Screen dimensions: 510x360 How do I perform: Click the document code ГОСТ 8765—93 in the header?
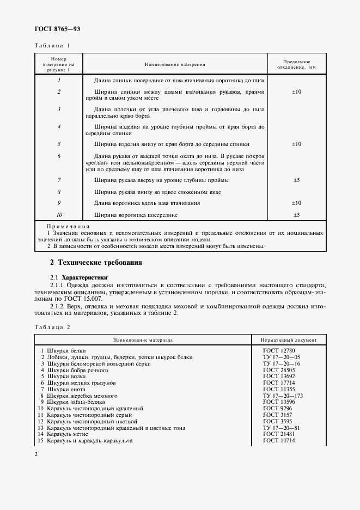click(57, 28)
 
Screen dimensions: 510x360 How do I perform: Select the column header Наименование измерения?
click(175, 64)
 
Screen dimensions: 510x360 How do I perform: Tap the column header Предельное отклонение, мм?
click(297, 64)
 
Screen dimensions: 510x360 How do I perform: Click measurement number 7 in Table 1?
click(58, 179)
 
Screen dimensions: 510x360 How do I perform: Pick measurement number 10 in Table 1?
click(58, 215)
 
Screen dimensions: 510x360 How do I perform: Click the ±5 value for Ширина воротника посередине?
click(297, 215)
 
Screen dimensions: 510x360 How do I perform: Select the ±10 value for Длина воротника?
click(297, 203)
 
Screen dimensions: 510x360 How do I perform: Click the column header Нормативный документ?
click(290, 339)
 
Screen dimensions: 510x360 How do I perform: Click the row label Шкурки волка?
click(62, 376)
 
